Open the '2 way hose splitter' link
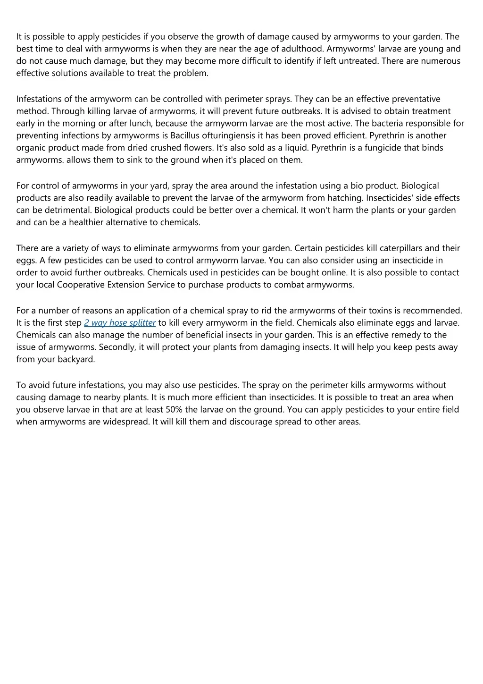(x=120, y=323)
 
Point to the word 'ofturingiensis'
(x=228, y=135)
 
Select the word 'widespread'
(x=126, y=422)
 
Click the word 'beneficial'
(x=201, y=335)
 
